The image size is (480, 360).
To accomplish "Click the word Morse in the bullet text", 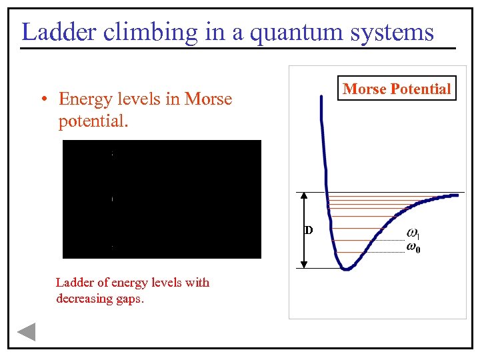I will pyautogui.click(x=208, y=99).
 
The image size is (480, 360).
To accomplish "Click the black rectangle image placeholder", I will pyautogui.click(x=162, y=199).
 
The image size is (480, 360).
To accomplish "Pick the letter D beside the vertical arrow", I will pyautogui.click(x=309, y=231).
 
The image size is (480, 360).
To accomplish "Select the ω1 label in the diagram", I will pyautogui.click(x=413, y=233).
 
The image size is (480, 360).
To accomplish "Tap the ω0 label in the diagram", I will pyautogui.click(x=413, y=248).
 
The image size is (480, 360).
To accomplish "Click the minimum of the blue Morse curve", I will pyautogui.click(x=345, y=268).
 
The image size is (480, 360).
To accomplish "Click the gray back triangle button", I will pyautogui.click(x=26, y=331).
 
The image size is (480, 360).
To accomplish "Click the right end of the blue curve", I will pyautogui.click(x=456, y=195).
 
